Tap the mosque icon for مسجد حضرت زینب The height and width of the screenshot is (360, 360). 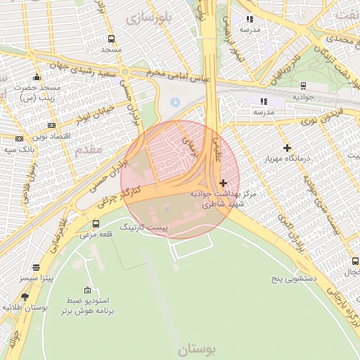point(37,77)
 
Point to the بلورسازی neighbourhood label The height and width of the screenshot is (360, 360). point(148,18)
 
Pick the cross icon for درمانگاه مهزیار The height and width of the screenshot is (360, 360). point(287,148)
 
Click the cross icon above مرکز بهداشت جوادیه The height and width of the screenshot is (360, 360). point(224,183)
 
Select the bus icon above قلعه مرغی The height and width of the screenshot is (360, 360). point(96,224)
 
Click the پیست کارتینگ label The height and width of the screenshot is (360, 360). point(144,228)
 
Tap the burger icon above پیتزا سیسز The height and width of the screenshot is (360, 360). point(36,267)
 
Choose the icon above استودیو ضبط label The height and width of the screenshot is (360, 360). point(87,290)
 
